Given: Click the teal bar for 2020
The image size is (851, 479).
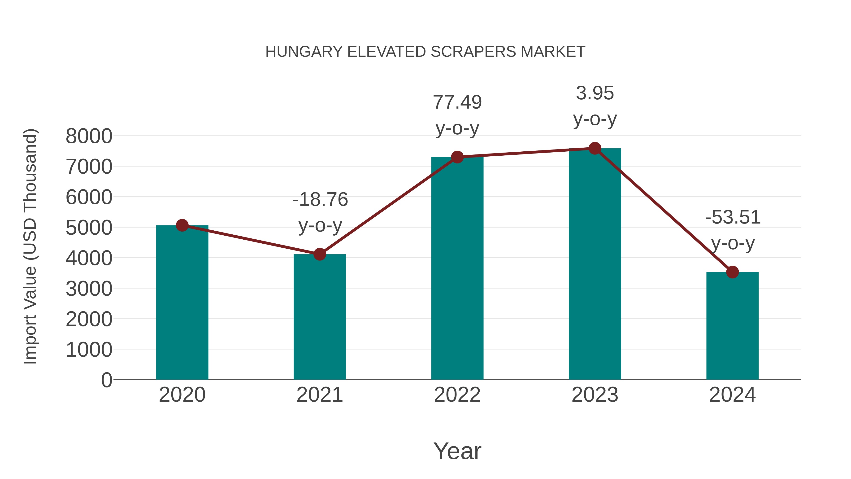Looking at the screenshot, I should point(182,303).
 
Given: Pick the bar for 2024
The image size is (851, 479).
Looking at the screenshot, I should point(732,326).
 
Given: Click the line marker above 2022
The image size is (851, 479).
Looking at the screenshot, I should point(457,157).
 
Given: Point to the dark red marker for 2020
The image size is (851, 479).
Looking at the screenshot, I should point(182,225).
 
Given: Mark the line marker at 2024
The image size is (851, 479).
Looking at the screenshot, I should point(732,272).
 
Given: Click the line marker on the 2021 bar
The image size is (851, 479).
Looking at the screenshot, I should point(319,254).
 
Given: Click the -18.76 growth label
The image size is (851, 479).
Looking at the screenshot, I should point(320,199).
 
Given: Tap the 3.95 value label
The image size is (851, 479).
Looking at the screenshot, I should point(595,93).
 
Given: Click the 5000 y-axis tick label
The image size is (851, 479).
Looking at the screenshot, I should point(89,228).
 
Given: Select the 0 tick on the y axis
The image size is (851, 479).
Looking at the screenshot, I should point(106,380).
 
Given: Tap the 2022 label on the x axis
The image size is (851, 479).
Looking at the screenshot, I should point(457,395).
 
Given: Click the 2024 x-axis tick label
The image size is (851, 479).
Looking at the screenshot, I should point(732,395).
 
